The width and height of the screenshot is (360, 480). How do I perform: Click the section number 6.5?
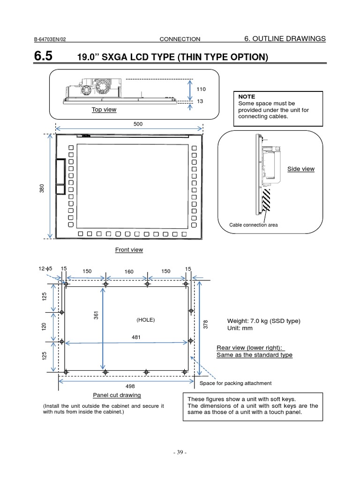(x=44, y=57)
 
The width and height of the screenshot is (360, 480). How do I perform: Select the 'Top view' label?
(x=104, y=109)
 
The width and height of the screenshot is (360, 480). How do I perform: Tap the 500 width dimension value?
(x=138, y=124)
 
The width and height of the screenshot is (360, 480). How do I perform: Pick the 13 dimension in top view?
(x=200, y=101)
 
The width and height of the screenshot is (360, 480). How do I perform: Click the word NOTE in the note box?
(x=247, y=96)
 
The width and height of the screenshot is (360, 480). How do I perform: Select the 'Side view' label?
(x=300, y=169)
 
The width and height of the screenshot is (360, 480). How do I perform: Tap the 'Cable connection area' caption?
(x=253, y=225)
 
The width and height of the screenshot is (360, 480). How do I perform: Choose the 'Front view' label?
(x=129, y=250)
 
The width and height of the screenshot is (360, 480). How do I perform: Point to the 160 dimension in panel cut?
(x=129, y=271)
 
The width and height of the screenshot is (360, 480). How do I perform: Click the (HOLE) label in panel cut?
(x=145, y=320)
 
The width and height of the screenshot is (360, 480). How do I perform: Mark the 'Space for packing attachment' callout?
(x=236, y=383)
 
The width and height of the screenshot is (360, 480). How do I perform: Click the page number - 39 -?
(x=180, y=453)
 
